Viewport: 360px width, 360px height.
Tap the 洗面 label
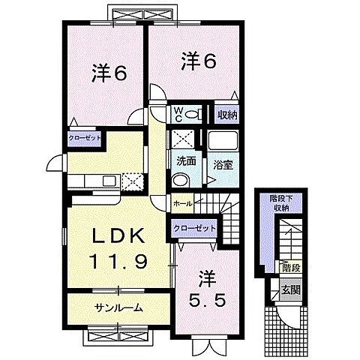pos(186,160)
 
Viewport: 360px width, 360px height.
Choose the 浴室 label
pos(220,163)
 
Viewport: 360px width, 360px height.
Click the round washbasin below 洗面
pos(181,179)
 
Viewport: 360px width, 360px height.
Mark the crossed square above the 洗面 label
pos(182,139)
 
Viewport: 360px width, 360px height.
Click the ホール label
pos(182,203)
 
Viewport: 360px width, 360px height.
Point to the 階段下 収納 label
pos(280,202)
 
